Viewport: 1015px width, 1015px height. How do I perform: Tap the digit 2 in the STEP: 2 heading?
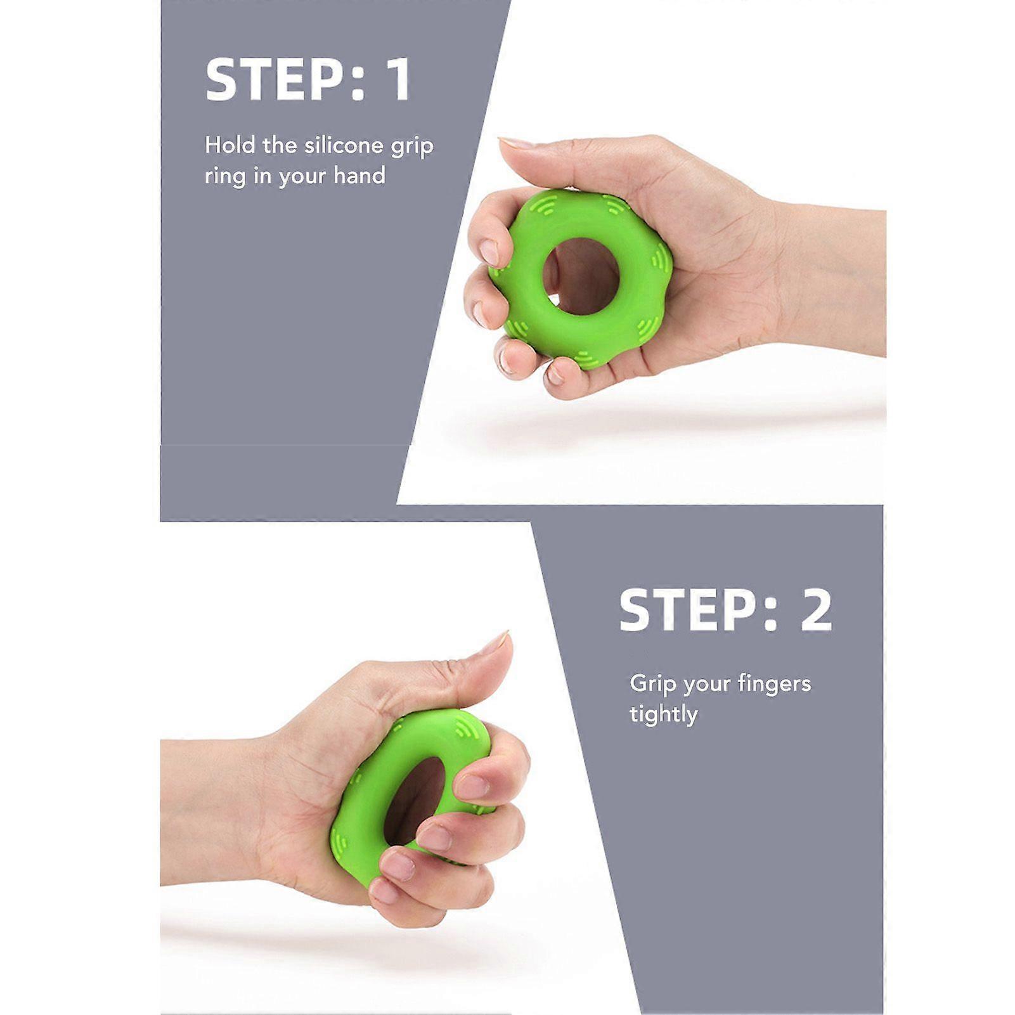click(x=816, y=610)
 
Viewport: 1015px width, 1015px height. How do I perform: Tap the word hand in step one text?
click(x=359, y=175)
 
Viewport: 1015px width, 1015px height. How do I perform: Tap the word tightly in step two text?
click(x=663, y=715)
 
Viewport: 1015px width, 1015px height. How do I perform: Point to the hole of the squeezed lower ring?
click(x=416, y=800)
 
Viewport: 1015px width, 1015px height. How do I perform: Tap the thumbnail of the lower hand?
click(x=496, y=643)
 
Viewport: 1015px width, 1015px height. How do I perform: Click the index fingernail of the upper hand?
click(x=489, y=252)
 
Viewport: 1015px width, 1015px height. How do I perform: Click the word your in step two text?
click(x=703, y=686)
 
